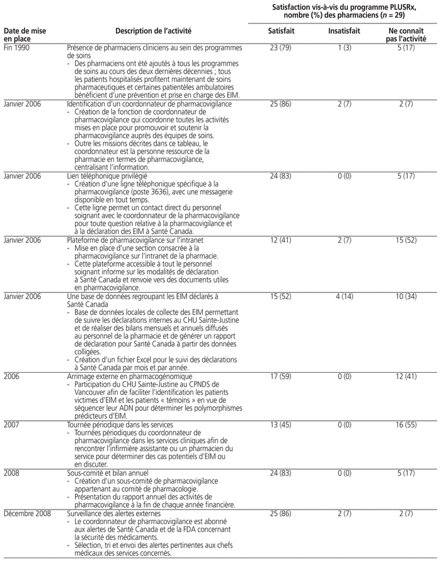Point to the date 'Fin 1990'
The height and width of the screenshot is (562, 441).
point(16,48)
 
